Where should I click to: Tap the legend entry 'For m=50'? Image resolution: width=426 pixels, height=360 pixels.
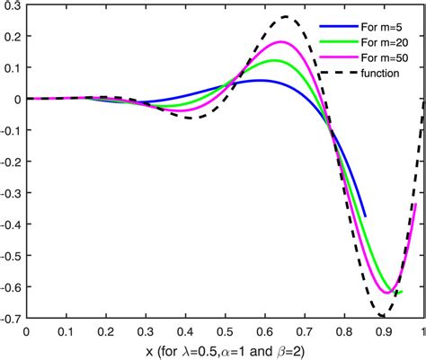coord(380,57)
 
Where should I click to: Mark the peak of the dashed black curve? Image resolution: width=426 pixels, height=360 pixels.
coord(286,17)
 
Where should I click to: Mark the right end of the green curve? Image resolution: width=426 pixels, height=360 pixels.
coord(401,292)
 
